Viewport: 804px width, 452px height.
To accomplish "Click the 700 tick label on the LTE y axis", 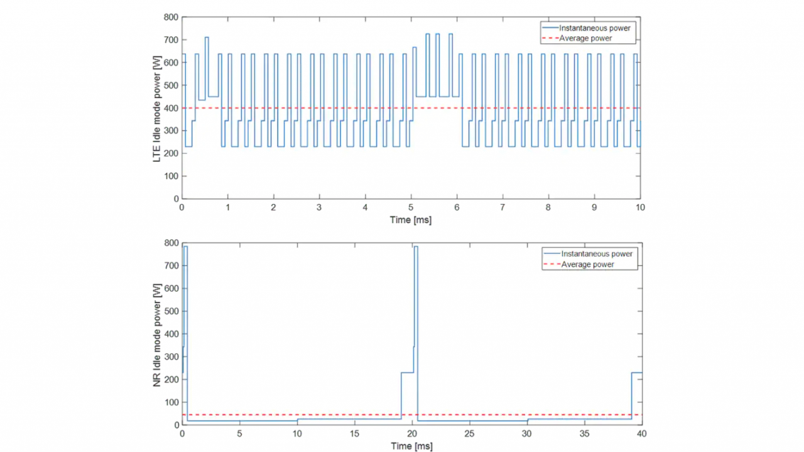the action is tap(171, 40).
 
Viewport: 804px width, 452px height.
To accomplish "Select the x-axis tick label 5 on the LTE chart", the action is tap(411, 207).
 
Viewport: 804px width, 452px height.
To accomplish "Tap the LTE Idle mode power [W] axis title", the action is tap(157, 109).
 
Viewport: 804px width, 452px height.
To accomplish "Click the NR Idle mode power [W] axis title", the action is tap(157, 335).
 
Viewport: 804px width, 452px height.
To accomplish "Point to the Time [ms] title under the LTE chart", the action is tap(411, 220).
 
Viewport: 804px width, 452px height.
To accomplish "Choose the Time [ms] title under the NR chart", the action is tap(411, 446).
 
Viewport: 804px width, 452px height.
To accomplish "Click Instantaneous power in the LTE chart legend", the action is tap(594, 28).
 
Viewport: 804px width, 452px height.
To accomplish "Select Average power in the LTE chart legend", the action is tap(585, 38).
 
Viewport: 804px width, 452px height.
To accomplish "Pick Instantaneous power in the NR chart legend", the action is tap(597, 254).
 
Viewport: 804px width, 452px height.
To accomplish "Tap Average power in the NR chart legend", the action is tap(587, 264).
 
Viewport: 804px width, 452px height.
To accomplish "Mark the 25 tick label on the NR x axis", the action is tap(469, 434).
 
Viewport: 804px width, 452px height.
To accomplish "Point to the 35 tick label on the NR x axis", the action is tap(584, 434).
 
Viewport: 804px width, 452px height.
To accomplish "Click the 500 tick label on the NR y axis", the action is tap(171, 311).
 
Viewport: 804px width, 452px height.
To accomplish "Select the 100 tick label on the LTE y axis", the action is tap(171, 176).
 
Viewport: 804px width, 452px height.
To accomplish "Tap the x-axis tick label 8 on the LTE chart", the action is tap(548, 207).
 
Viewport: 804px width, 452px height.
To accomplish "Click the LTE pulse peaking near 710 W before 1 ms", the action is tap(207, 37).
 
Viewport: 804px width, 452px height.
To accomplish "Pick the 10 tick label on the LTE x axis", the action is tap(640, 207).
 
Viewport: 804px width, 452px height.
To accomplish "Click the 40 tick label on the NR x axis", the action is tap(641, 434).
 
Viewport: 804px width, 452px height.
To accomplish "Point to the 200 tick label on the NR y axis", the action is tap(171, 380).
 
